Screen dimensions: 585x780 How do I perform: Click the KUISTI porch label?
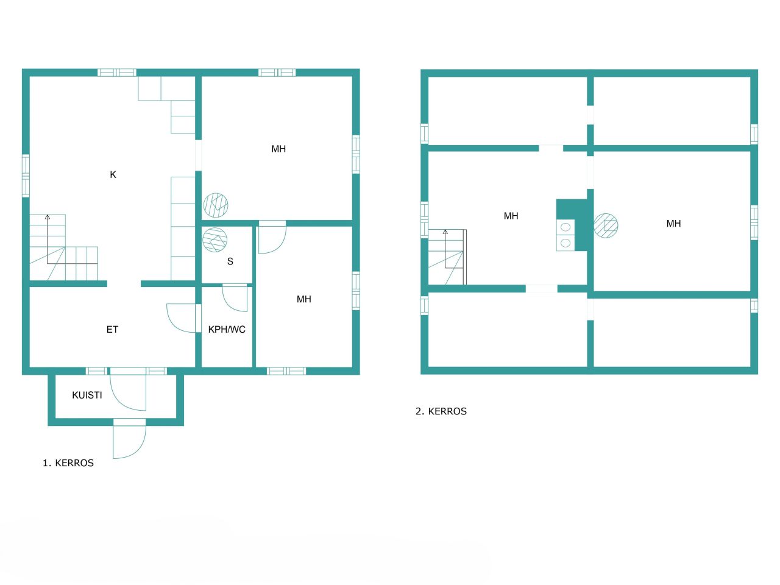(x=87, y=395)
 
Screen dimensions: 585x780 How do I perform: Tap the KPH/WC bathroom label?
(x=227, y=330)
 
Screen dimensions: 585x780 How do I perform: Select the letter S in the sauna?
(x=230, y=261)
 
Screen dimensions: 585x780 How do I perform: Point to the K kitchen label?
(x=113, y=175)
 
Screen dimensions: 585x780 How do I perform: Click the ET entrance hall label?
(x=112, y=330)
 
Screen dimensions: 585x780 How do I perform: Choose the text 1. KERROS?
(x=68, y=463)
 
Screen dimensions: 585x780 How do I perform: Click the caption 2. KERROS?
(x=441, y=411)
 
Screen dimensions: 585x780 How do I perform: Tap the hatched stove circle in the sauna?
(x=214, y=239)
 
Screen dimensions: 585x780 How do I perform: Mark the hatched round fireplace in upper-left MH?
(x=216, y=205)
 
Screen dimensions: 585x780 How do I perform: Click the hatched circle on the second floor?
(x=606, y=225)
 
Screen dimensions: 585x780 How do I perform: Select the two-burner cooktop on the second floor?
(x=565, y=235)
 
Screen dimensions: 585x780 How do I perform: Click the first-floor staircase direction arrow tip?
(x=48, y=216)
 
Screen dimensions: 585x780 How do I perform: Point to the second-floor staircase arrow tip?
(x=445, y=232)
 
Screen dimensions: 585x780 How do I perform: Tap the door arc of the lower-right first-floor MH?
(x=272, y=239)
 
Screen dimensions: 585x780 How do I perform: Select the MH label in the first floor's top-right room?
(x=278, y=149)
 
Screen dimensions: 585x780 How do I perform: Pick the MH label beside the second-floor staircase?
(x=511, y=216)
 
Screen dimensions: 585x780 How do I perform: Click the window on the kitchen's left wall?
(x=26, y=175)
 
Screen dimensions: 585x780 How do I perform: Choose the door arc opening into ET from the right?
(x=182, y=318)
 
